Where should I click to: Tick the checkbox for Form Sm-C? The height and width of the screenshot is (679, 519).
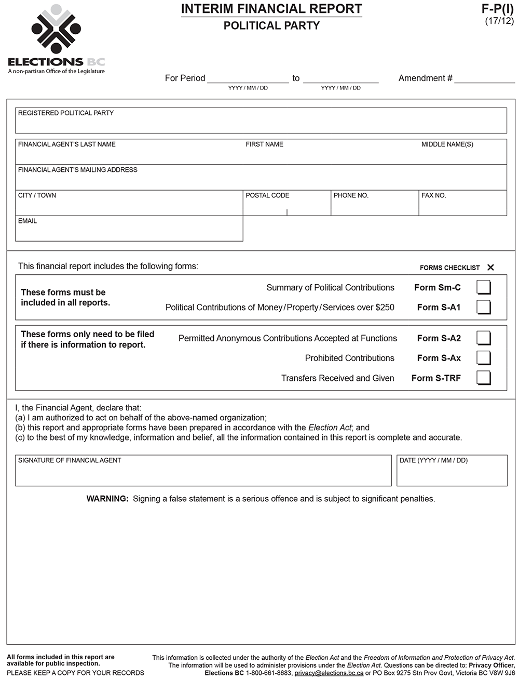pos(483,287)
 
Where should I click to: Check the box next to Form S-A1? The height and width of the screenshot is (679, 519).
pos(483,307)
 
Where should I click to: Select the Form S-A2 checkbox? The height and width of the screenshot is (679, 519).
pos(483,338)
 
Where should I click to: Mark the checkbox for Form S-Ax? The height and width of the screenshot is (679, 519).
pos(483,358)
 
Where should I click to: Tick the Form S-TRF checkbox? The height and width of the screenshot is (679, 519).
pos(483,378)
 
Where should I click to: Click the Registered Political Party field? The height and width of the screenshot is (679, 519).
pos(261,124)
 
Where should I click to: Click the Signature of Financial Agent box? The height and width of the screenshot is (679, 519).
pos(203,473)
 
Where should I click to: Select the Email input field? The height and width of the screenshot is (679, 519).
pos(129,231)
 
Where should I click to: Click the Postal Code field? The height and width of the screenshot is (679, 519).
pos(286,206)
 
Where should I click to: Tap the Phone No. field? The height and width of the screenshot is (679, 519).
pos(374,206)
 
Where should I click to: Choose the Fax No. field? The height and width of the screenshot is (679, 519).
pos(462,206)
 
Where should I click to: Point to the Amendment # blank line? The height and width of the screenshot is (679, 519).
pos(484,78)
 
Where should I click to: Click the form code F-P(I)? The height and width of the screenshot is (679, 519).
pos(497,9)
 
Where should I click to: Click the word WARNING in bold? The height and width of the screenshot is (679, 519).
pos(107,499)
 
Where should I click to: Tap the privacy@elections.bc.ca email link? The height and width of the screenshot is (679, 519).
pos(329,673)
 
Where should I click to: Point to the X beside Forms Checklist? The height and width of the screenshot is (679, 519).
pos(490,268)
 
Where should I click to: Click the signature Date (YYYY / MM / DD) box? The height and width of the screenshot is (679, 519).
pos(452,473)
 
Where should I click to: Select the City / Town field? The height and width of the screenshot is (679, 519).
pos(129,206)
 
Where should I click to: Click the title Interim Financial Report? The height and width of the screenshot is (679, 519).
pos(271,9)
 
